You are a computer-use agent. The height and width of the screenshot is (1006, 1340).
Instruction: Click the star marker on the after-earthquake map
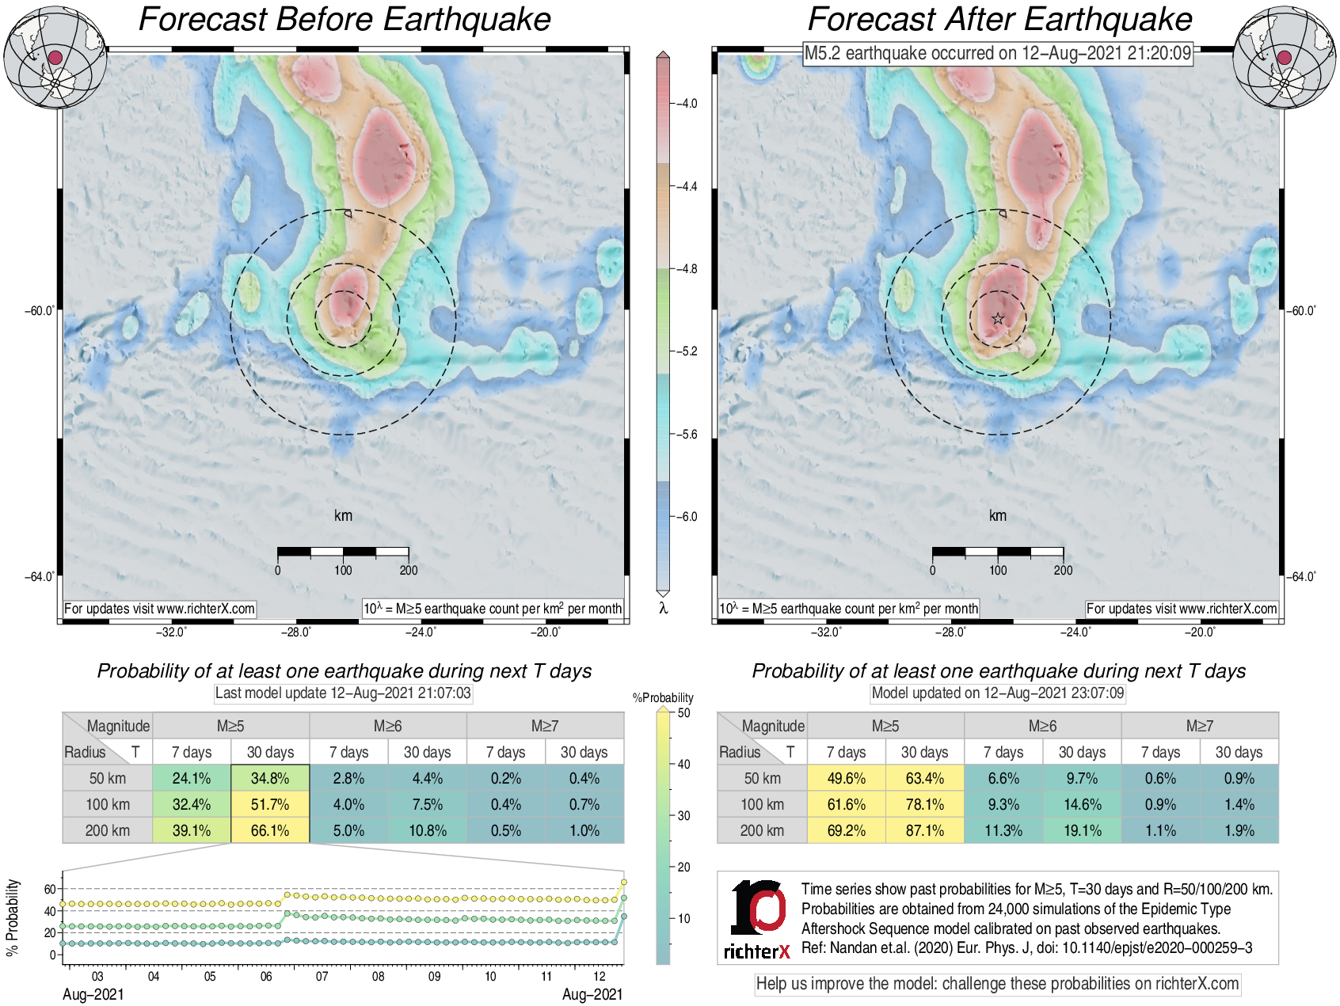click(x=998, y=319)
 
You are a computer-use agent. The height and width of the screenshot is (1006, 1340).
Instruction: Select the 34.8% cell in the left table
click(x=270, y=778)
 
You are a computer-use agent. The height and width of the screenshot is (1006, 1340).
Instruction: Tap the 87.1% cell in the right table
click(x=924, y=830)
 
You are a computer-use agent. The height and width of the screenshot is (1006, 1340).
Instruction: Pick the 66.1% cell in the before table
click(x=270, y=830)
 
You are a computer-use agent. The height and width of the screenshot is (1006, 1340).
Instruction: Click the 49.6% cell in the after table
click(x=846, y=778)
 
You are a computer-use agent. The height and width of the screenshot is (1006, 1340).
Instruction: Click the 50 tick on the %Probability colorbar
click(x=683, y=712)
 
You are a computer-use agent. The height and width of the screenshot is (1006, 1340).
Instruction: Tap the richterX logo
click(x=757, y=919)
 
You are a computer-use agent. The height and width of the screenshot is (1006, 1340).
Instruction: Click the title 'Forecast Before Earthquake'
click(x=345, y=19)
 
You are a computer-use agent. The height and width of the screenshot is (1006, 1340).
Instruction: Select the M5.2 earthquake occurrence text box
click(x=998, y=53)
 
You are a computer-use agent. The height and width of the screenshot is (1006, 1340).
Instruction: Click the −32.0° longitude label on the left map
click(x=171, y=632)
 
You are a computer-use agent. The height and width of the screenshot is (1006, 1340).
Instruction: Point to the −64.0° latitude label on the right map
click(x=1300, y=576)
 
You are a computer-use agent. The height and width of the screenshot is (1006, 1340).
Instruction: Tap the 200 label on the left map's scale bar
click(x=409, y=570)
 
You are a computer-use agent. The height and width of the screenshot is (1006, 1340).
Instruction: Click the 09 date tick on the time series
click(x=434, y=976)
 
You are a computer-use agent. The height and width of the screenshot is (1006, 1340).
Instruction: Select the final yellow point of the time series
click(x=624, y=882)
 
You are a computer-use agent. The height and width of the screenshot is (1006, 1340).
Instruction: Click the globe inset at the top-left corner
click(x=55, y=57)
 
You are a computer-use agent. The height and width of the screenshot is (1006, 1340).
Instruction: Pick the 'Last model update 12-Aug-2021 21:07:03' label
click(x=343, y=693)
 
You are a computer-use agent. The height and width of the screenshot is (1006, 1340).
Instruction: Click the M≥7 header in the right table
click(x=1199, y=726)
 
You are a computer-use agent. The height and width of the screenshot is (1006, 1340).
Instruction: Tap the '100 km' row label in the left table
click(x=108, y=804)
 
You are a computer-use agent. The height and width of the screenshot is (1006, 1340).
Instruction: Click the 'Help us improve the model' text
click(x=997, y=984)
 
